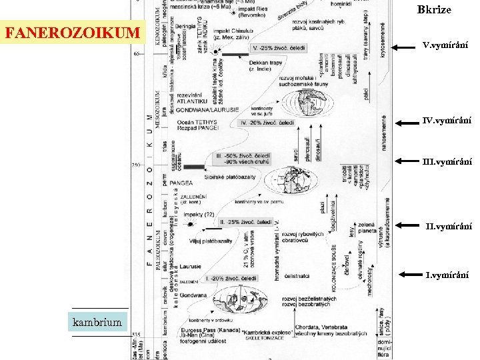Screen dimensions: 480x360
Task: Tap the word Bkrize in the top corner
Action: click(x=434, y=9)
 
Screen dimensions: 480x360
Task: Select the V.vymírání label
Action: click(x=445, y=46)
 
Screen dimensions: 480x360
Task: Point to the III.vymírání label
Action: click(x=447, y=161)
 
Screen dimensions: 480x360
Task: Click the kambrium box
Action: click(x=99, y=323)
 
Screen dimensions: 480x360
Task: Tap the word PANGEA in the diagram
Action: click(x=181, y=181)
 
